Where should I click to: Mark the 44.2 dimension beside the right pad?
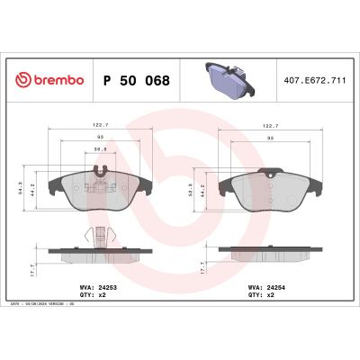point(207,193)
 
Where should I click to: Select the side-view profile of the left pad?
point(99,256)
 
